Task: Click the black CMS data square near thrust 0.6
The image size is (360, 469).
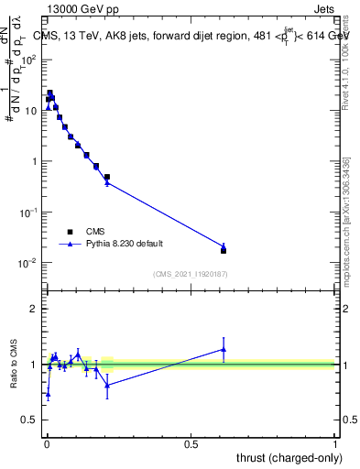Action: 224,250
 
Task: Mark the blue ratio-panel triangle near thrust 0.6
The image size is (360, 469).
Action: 224,349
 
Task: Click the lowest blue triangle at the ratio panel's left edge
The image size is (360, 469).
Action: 48,394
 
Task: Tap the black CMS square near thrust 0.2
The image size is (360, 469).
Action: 107,177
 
